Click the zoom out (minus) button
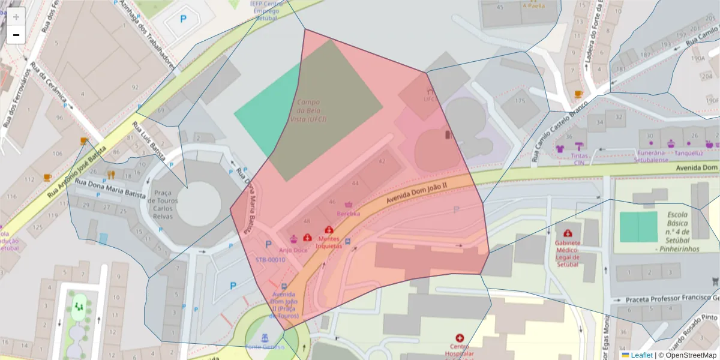tap(16, 35)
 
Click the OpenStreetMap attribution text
tap(688, 355)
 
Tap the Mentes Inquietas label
tap(329, 242)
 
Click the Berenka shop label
tap(349, 213)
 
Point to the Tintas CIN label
tap(579, 158)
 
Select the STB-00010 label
tap(270, 260)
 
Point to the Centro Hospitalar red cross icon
tap(460, 338)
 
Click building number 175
tap(520, 101)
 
